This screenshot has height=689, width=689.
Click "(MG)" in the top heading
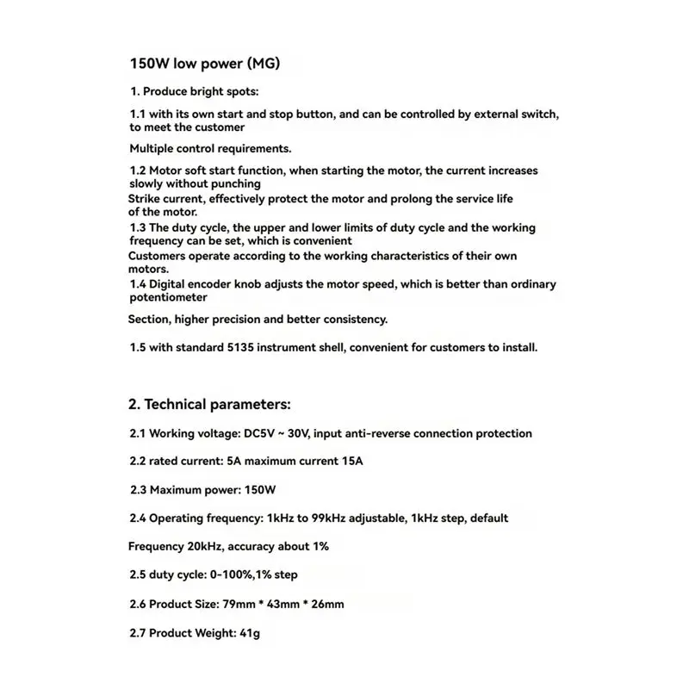(x=263, y=64)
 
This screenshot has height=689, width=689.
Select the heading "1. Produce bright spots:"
(x=194, y=91)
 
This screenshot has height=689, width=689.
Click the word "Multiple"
(x=153, y=148)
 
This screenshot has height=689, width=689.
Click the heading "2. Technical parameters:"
(x=210, y=404)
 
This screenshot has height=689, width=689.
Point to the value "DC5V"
(x=258, y=434)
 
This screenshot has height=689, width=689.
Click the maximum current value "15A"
(x=351, y=462)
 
